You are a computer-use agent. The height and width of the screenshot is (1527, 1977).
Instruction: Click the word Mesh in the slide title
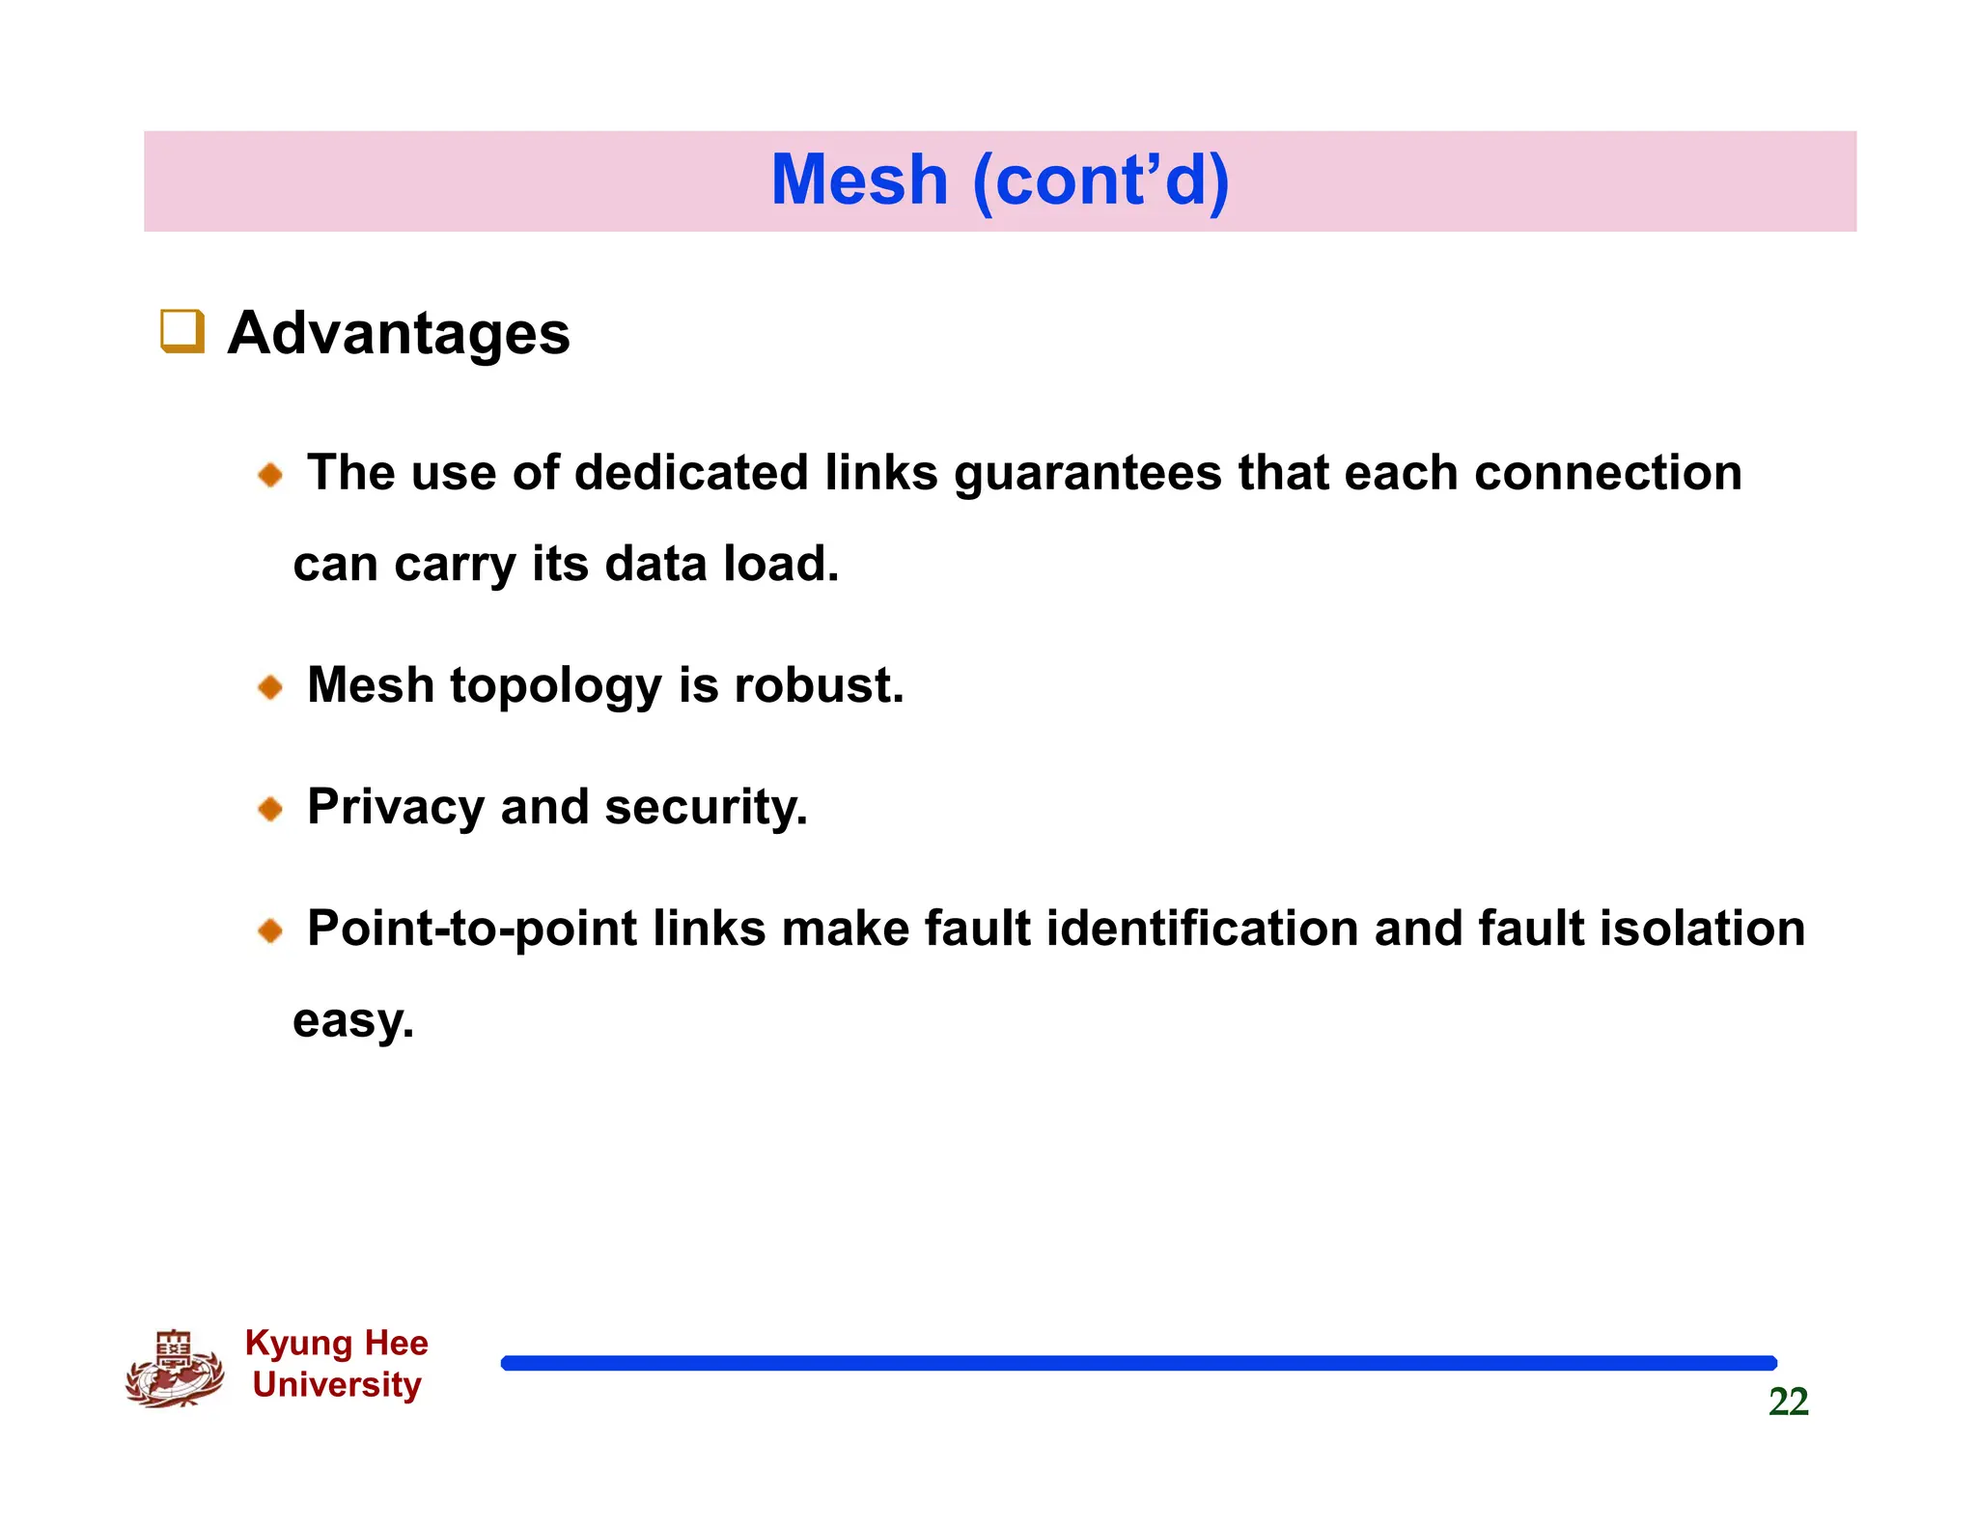click(x=859, y=180)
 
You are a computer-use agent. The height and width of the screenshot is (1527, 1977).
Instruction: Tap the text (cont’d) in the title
click(x=1100, y=180)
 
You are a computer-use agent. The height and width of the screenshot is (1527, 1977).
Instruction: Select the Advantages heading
click(x=399, y=333)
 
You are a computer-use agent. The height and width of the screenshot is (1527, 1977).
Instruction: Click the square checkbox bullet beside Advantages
click(x=182, y=331)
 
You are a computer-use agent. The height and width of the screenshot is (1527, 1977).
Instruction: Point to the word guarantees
click(x=1088, y=474)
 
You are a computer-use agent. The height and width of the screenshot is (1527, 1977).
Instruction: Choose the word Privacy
click(x=395, y=808)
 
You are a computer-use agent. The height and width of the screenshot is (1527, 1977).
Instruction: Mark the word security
click(x=706, y=808)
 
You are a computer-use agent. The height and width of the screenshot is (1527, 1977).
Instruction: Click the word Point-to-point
click(x=472, y=930)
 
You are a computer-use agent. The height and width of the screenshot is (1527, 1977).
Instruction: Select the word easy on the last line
click(x=353, y=1021)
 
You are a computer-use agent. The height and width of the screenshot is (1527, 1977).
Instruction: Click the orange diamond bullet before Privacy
click(x=270, y=809)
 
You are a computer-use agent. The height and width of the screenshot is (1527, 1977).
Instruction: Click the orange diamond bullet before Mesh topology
click(x=270, y=687)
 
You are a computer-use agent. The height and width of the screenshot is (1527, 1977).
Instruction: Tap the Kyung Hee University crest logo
click(x=175, y=1369)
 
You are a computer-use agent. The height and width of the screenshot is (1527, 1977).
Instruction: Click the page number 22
click(x=1788, y=1402)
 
